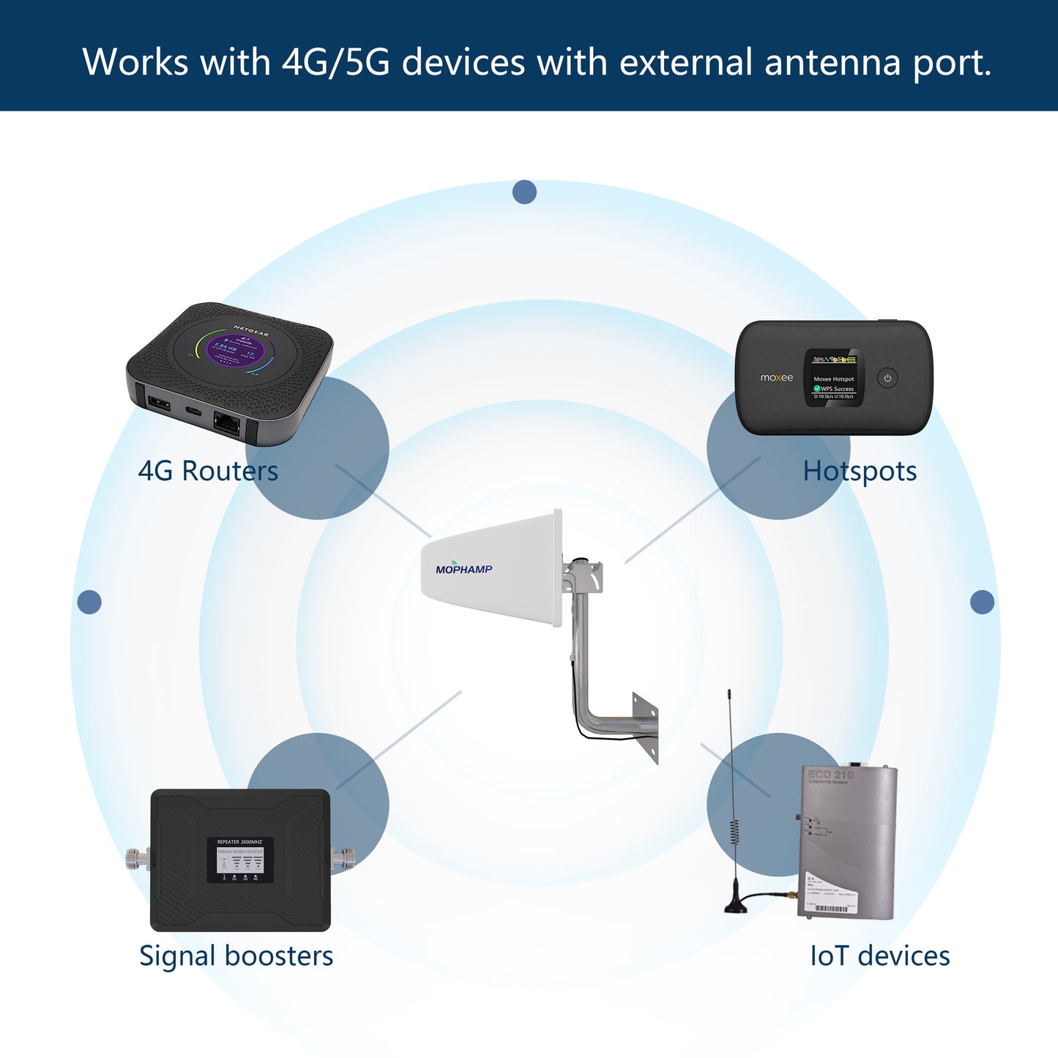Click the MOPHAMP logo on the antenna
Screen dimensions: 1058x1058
463,569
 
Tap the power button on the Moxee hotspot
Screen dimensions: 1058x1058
887,379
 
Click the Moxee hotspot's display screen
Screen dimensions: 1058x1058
833,379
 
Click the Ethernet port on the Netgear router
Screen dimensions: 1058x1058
226,423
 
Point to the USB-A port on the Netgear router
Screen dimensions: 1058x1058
159,403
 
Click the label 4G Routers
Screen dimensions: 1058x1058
208,471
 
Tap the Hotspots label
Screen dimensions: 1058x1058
860,471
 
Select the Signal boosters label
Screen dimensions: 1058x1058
236,955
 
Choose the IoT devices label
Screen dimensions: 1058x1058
879,955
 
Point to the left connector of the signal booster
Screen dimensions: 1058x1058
138,857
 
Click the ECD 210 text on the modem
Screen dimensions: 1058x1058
830,775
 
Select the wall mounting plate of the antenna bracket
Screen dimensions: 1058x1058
646,727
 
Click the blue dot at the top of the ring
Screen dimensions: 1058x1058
524,193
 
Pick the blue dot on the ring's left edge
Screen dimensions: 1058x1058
89,602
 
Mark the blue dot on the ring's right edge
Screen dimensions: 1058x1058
982,602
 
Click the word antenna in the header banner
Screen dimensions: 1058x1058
832,62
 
